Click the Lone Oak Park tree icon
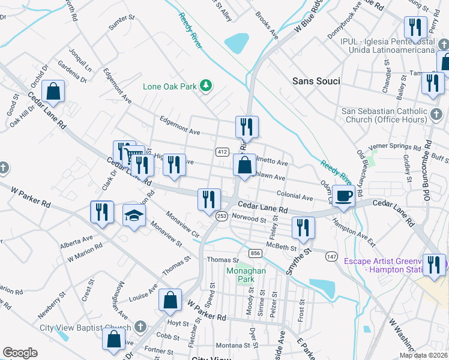(x=206, y=86)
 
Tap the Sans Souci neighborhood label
(x=316, y=81)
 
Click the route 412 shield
(x=221, y=152)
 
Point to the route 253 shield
(x=221, y=217)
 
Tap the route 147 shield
(x=331, y=256)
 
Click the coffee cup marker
(x=344, y=196)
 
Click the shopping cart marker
(x=133, y=155)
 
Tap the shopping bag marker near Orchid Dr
(x=53, y=92)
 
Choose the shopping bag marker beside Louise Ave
(x=170, y=300)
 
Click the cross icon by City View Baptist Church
(x=140, y=327)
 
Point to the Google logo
(x=20, y=353)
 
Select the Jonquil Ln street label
(x=80, y=60)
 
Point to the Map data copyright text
(x=423, y=355)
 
